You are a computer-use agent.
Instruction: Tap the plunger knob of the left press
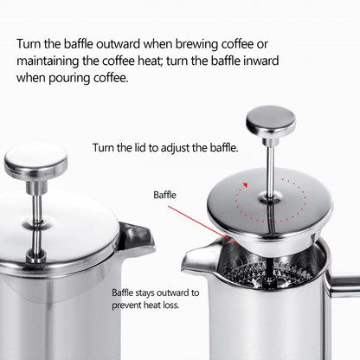point(35,158)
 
